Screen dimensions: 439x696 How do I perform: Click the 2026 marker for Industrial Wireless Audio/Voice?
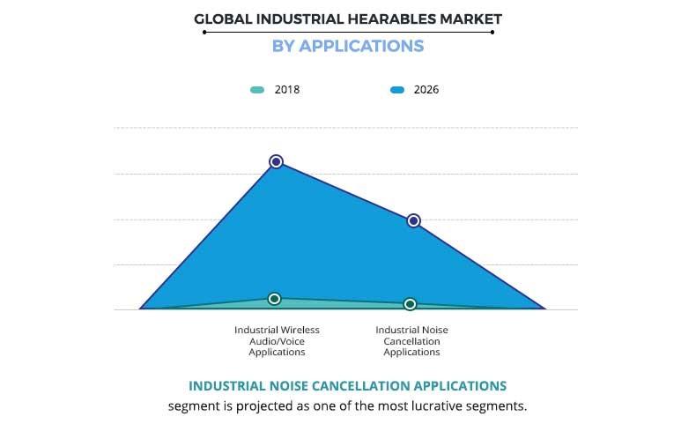click(276, 161)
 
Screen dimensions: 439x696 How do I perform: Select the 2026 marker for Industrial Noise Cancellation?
click(413, 220)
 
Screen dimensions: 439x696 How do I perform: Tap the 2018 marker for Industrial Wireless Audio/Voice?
click(275, 299)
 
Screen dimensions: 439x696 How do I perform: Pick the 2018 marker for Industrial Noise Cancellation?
click(410, 304)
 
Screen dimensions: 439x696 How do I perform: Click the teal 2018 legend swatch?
click(257, 90)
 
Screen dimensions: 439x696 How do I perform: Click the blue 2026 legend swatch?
click(396, 90)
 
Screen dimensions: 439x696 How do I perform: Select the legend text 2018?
click(287, 90)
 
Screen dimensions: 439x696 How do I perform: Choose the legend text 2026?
click(426, 90)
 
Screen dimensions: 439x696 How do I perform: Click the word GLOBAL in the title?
click(218, 18)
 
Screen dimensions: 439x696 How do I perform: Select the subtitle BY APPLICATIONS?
click(348, 46)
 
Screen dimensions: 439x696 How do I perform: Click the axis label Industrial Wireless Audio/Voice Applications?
click(277, 340)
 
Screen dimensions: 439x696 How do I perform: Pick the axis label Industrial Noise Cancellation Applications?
click(411, 340)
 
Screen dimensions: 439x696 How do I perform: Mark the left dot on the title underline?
click(204, 32)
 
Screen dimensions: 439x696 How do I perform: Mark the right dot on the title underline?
click(492, 32)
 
